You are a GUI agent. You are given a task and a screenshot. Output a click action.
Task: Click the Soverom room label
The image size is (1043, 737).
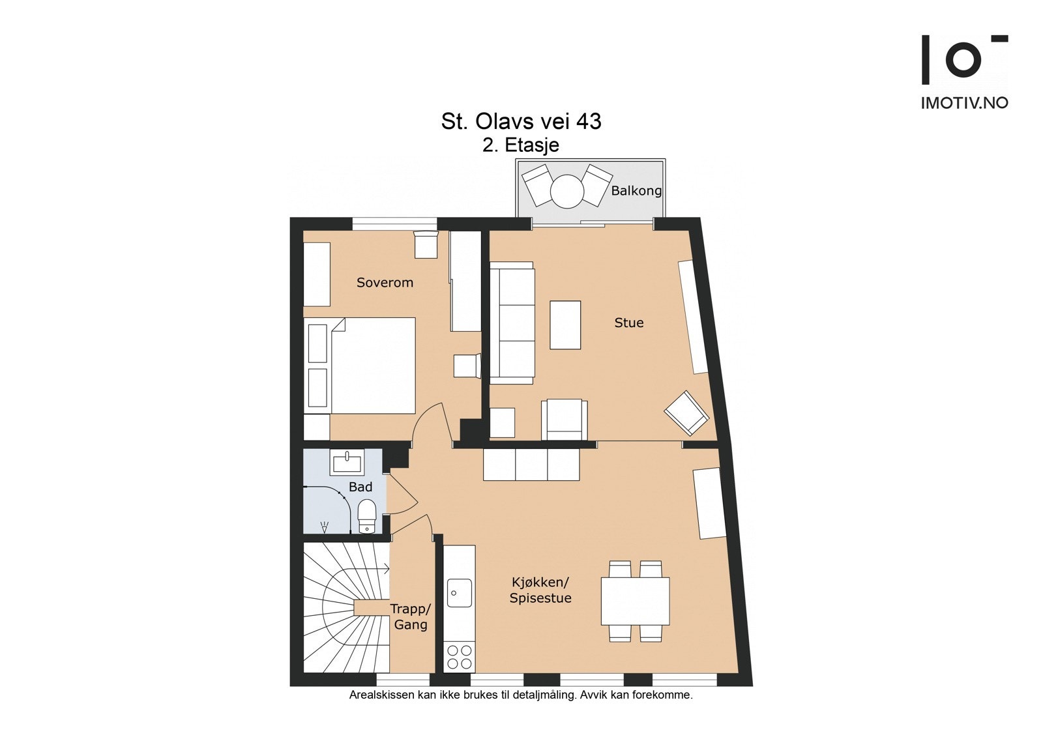(x=385, y=282)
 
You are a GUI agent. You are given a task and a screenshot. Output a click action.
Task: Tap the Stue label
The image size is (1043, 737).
(x=628, y=323)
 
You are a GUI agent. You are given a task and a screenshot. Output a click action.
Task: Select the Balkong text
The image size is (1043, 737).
(x=636, y=190)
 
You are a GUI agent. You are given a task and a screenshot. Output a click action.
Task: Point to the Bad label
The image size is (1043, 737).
(x=360, y=487)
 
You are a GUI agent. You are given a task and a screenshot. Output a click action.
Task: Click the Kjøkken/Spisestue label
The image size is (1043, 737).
(x=540, y=590)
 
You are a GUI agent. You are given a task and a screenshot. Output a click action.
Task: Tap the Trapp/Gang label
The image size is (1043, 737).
(x=411, y=616)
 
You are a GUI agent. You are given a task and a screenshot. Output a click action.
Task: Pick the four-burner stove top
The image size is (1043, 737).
(x=459, y=656)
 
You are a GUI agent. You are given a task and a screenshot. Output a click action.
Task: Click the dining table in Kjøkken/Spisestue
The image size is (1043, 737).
(x=635, y=601)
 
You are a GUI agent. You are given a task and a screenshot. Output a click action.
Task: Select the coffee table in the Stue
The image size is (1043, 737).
(x=565, y=325)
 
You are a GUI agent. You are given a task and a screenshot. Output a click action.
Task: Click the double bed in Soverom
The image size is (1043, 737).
(x=372, y=365)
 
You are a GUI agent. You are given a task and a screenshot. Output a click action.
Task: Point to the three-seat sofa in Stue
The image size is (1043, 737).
(x=512, y=323)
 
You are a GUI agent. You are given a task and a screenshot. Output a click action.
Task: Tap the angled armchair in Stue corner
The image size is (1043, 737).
(x=686, y=412)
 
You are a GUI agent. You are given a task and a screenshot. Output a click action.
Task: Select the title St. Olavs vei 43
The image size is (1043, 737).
(x=521, y=121)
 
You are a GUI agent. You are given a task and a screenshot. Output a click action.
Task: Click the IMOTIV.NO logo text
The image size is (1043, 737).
(x=964, y=103)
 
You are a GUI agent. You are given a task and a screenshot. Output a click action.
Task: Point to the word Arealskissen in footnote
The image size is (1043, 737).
(x=381, y=695)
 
